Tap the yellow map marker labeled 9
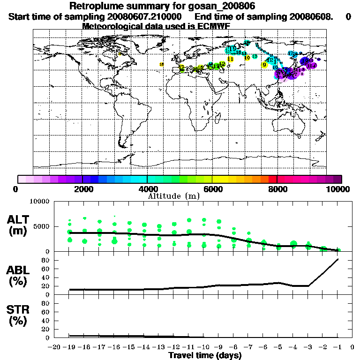[x=264, y=65]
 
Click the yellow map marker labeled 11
[x=230, y=59]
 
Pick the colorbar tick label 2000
[x=82, y=189]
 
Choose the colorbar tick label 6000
[x=212, y=189]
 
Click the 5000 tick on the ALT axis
[x=42, y=226]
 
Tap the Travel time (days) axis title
[x=205, y=355]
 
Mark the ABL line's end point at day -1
[x=338, y=259]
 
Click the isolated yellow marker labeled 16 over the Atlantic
[x=162, y=64]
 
